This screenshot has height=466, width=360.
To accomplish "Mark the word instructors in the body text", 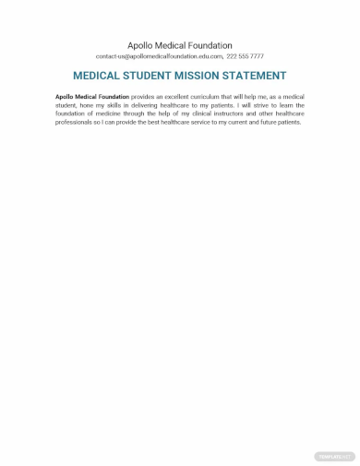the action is [x=235, y=114].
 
